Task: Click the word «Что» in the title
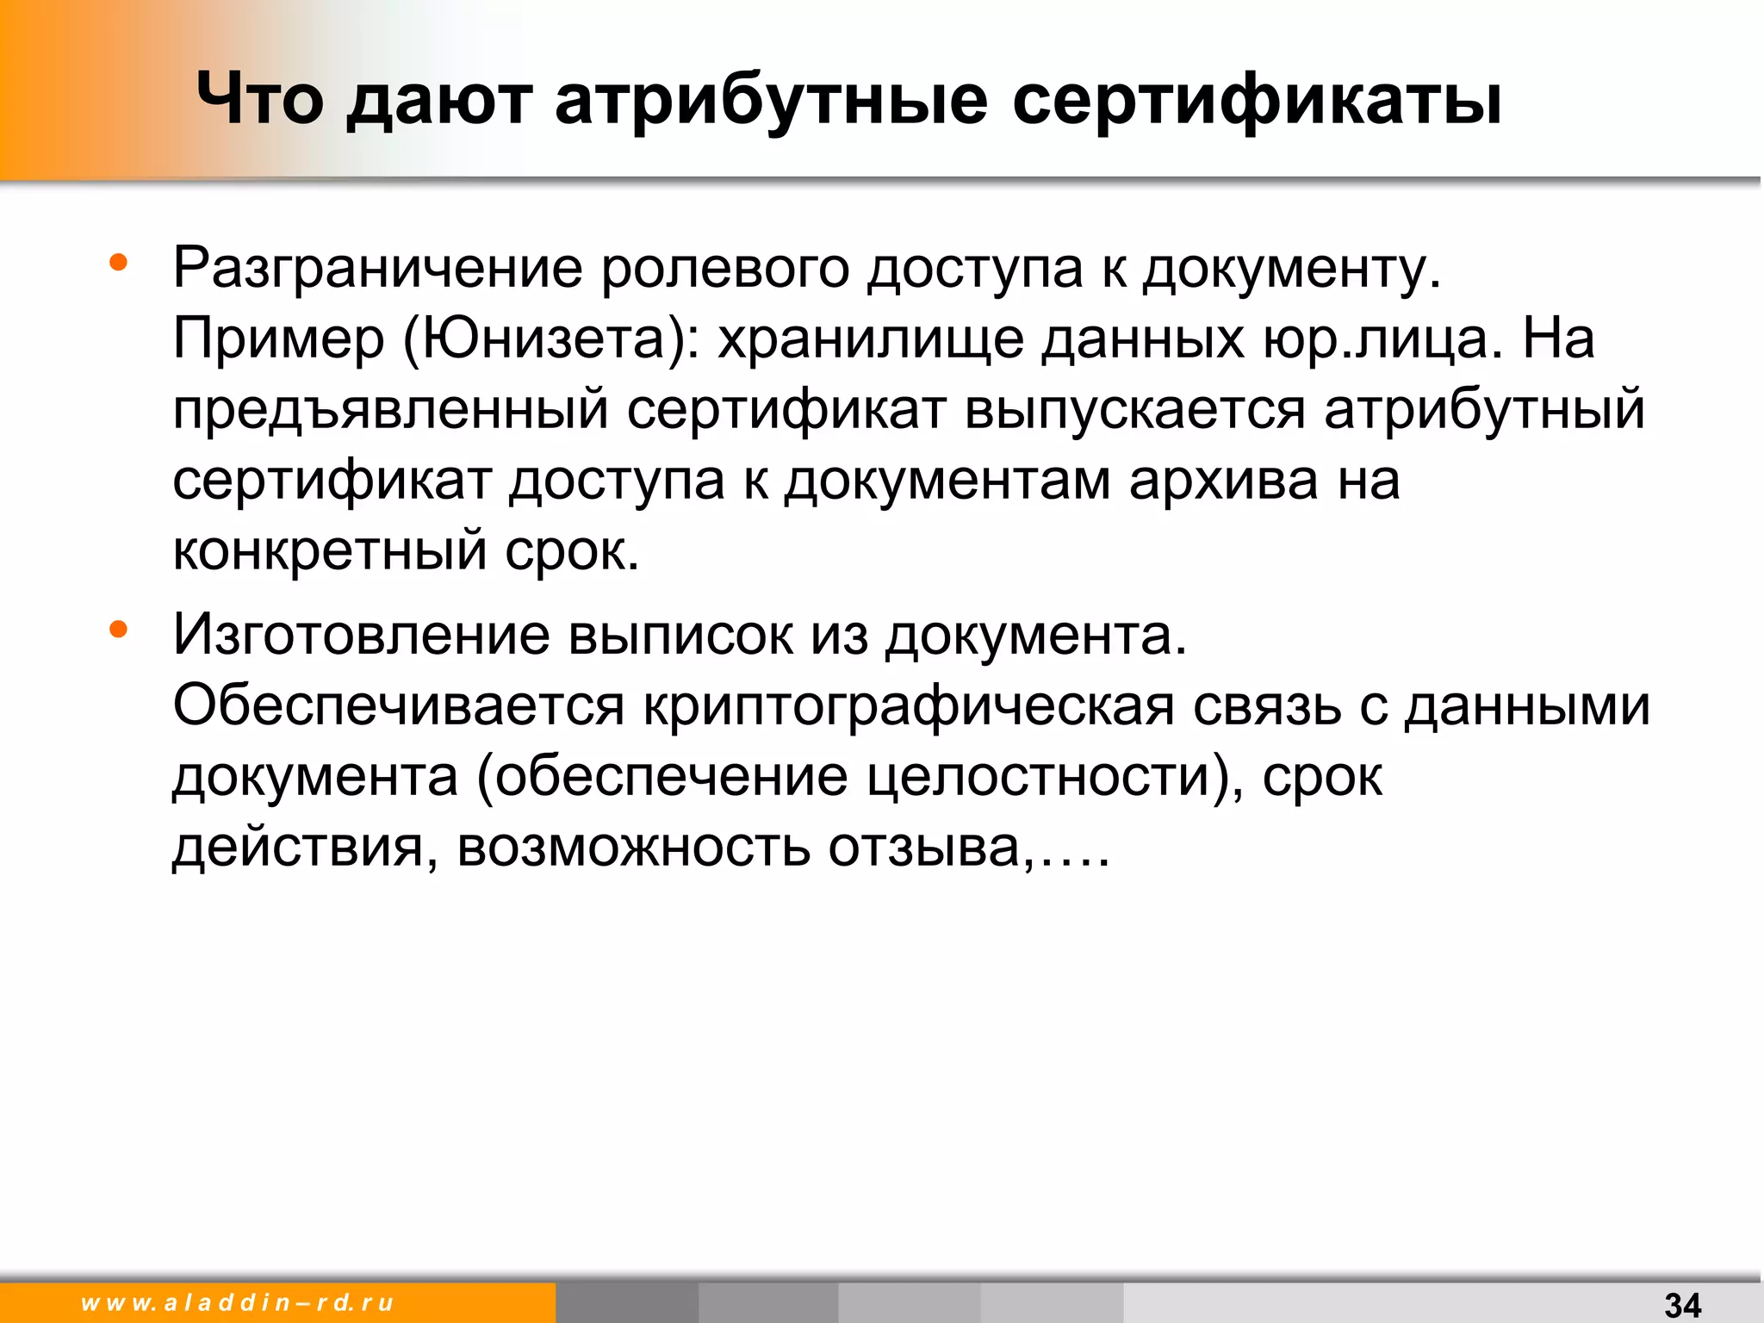pyautogui.click(x=260, y=99)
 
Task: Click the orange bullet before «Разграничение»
pyautogui.click(x=119, y=262)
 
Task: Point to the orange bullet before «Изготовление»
pyautogui.click(x=119, y=630)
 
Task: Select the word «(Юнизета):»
pyautogui.click(x=551, y=339)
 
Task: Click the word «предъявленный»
pyautogui.click(x=390, y=410)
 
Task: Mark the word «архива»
pyautogui.click(x=1223, y=481)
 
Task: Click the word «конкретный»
pyautogui.click(x=330, y=551)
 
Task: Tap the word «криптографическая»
pyautogui.click(x=909, y=706)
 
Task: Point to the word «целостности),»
pyautogui.click(x=1054, y=777)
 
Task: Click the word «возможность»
pyautogui.click(x=633, y=848)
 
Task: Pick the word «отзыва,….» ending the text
pyautogui.click(x=969, y=848)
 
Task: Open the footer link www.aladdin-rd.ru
pyautogui.click(x=237, y=1302)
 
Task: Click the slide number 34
pyautogui.click(x=1682, y=1304)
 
